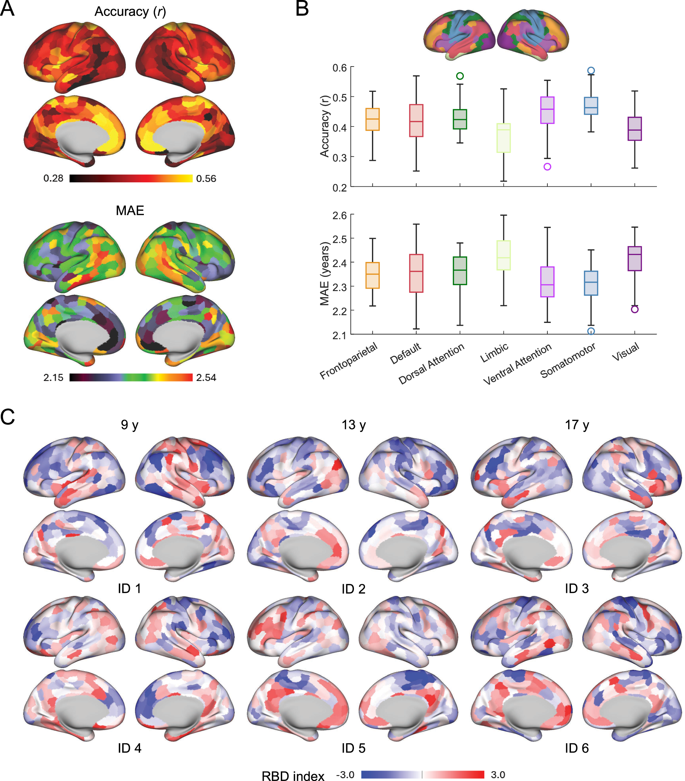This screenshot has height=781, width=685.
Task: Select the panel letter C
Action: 8,417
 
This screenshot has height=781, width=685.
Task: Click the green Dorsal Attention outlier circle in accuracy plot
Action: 460,76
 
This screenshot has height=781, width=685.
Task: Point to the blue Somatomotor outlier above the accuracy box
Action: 591,71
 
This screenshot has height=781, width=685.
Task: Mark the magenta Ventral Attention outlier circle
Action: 547,167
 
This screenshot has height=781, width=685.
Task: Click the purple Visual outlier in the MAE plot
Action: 634,309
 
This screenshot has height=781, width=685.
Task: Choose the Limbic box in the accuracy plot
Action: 503,138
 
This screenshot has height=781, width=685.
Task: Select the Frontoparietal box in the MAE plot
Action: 372,275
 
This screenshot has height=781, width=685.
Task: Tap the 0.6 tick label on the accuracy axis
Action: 339,68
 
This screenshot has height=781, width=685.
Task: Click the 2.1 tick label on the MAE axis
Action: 339,335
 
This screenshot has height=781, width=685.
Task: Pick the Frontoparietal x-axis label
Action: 348,360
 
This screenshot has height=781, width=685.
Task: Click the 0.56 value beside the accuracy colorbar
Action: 206,178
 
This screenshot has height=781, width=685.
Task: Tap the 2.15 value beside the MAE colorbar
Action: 53,378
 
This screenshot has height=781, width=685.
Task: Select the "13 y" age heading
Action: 354,425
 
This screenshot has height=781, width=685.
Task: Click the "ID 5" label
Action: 354,748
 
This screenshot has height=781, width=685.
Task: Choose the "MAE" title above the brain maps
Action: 130,211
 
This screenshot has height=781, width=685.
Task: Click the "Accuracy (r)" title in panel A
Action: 130,12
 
